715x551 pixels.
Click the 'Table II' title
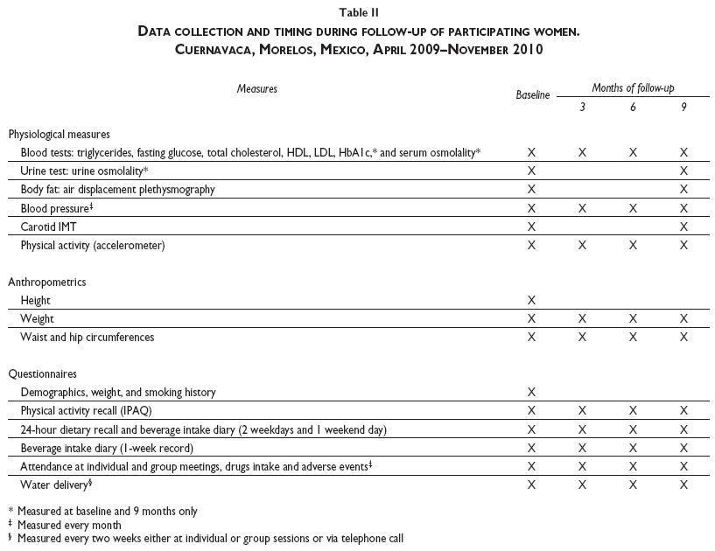(359, 13)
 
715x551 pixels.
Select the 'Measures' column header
(256, 89)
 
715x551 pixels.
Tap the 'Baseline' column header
(533, 95)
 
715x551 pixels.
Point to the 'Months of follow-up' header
(633, 88)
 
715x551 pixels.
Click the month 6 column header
(633, 108)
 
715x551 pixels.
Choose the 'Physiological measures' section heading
(60, 135)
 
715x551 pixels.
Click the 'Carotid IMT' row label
(48, 227)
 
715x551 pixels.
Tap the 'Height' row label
(36, 301)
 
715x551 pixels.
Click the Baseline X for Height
(531, 301)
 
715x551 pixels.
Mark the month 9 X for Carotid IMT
(683, 227)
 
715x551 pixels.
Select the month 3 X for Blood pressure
(582, 208)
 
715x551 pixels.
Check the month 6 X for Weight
(633, 319)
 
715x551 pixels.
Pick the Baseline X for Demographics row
(531, 393)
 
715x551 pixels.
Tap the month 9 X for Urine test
(683, 171)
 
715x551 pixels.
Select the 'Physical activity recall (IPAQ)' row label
(92, 411)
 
